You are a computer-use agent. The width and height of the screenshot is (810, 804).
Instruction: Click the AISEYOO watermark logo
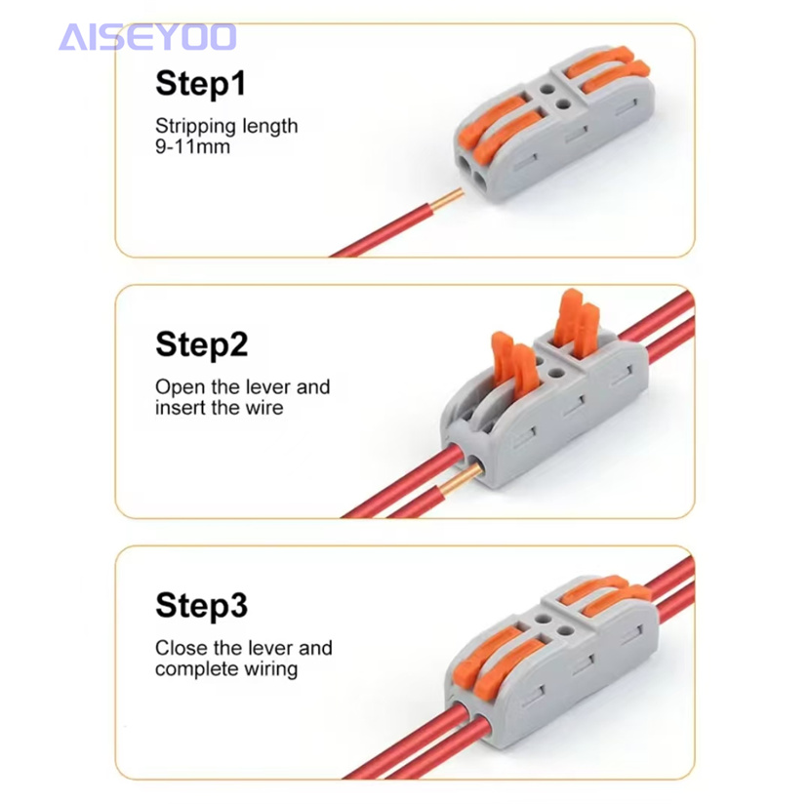pos(147,37)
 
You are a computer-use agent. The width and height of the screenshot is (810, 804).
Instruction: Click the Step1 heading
pos(200,83)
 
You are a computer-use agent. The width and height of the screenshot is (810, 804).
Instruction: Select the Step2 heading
pos(201,344)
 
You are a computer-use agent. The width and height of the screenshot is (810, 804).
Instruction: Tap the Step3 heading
pos(201,605)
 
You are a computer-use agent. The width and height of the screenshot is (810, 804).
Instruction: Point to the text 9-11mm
pos(192,146)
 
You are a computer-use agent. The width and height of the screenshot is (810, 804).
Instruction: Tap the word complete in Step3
pos(197,669)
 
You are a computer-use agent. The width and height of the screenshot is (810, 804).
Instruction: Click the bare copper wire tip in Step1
pos(447,200)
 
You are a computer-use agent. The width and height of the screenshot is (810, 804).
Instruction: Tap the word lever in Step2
pos(268,387)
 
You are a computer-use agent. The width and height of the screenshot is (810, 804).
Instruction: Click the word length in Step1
pos(270,127)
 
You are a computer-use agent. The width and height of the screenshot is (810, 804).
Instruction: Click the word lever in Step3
pos(270,648)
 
